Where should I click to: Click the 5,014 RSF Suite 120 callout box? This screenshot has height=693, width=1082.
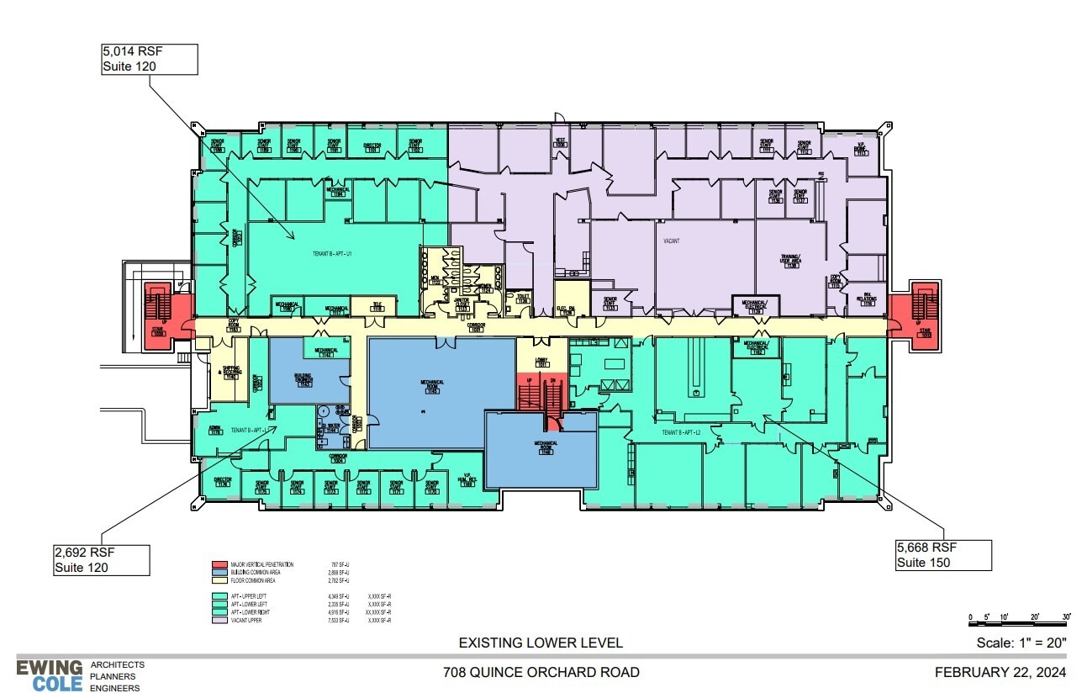[x=148, y=59]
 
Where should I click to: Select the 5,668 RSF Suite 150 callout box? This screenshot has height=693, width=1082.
[x=943, y=554]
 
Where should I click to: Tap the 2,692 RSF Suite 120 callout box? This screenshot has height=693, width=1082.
[x=102, y=559]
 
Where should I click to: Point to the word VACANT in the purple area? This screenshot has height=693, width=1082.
[x=670, y=241]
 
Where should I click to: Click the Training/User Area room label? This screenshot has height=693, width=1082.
[x=790, y=260]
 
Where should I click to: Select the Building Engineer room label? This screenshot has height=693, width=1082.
[x=303, y=379]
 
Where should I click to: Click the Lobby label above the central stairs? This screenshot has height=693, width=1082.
[x=542, y=362]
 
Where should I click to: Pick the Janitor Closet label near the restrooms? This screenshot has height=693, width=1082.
[x=462, y=306]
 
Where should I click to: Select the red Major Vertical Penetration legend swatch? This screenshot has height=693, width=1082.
[x=219, y=565]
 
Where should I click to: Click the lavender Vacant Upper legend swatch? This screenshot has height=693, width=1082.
[x=219, y=620]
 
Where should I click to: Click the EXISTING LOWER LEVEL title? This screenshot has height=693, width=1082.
[x=541, y=643]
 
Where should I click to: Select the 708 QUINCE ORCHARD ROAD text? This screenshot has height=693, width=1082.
[x=541, y=672]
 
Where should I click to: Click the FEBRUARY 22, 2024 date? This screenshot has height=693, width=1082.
[x=1000, y=672]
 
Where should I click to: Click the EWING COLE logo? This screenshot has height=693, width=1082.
[x=50, y=674]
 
